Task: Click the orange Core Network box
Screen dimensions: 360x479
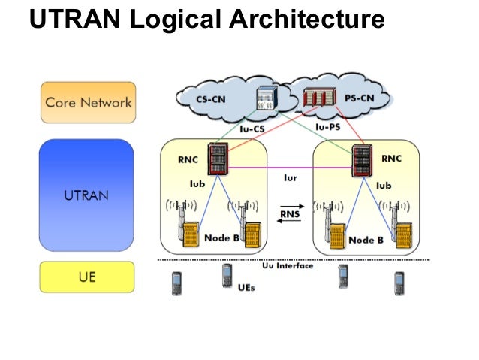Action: pos(88,103)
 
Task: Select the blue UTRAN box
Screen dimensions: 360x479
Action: pos(86,194)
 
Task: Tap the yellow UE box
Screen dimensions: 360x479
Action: pos(86,277)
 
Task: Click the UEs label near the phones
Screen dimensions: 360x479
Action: pos(246,287)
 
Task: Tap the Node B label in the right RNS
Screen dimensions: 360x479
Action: pos(366,241)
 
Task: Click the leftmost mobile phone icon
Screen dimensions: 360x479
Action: pos(177,283)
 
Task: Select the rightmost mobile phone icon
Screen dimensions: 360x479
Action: pos(399,283)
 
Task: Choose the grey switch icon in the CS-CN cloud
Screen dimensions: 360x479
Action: pos(266,99)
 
